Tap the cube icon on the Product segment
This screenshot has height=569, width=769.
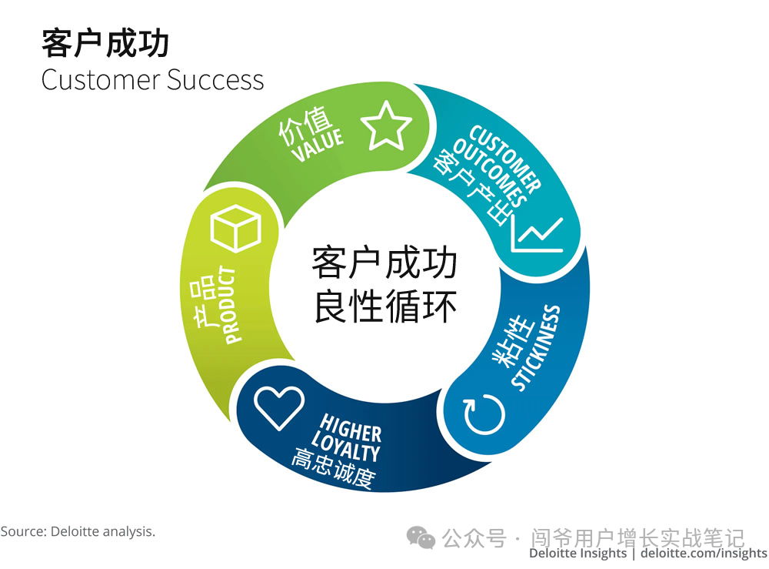point(236,228)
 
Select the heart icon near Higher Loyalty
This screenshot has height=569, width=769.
point(279,407)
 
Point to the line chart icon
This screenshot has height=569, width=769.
point(538,235)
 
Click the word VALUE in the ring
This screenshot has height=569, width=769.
point(317,146)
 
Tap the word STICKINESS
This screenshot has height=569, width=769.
point(536,348)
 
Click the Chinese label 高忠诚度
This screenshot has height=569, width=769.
point(332,471)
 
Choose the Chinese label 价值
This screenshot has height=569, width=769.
point(305,126)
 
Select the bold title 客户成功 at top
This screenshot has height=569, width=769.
point(105,44)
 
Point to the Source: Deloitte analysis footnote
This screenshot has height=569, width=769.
point(78,531)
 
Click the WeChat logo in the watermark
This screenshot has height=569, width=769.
point(421,537)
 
